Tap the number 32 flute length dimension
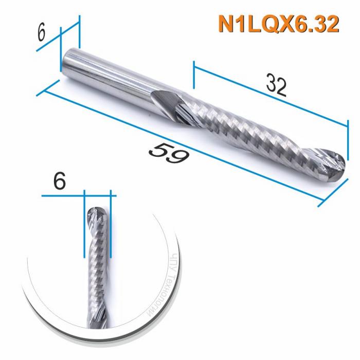[276, 85]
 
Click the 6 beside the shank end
[42, 32]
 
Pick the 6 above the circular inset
[59, 181]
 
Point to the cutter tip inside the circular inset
[97, 212]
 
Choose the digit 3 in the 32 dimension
[271, 83]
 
